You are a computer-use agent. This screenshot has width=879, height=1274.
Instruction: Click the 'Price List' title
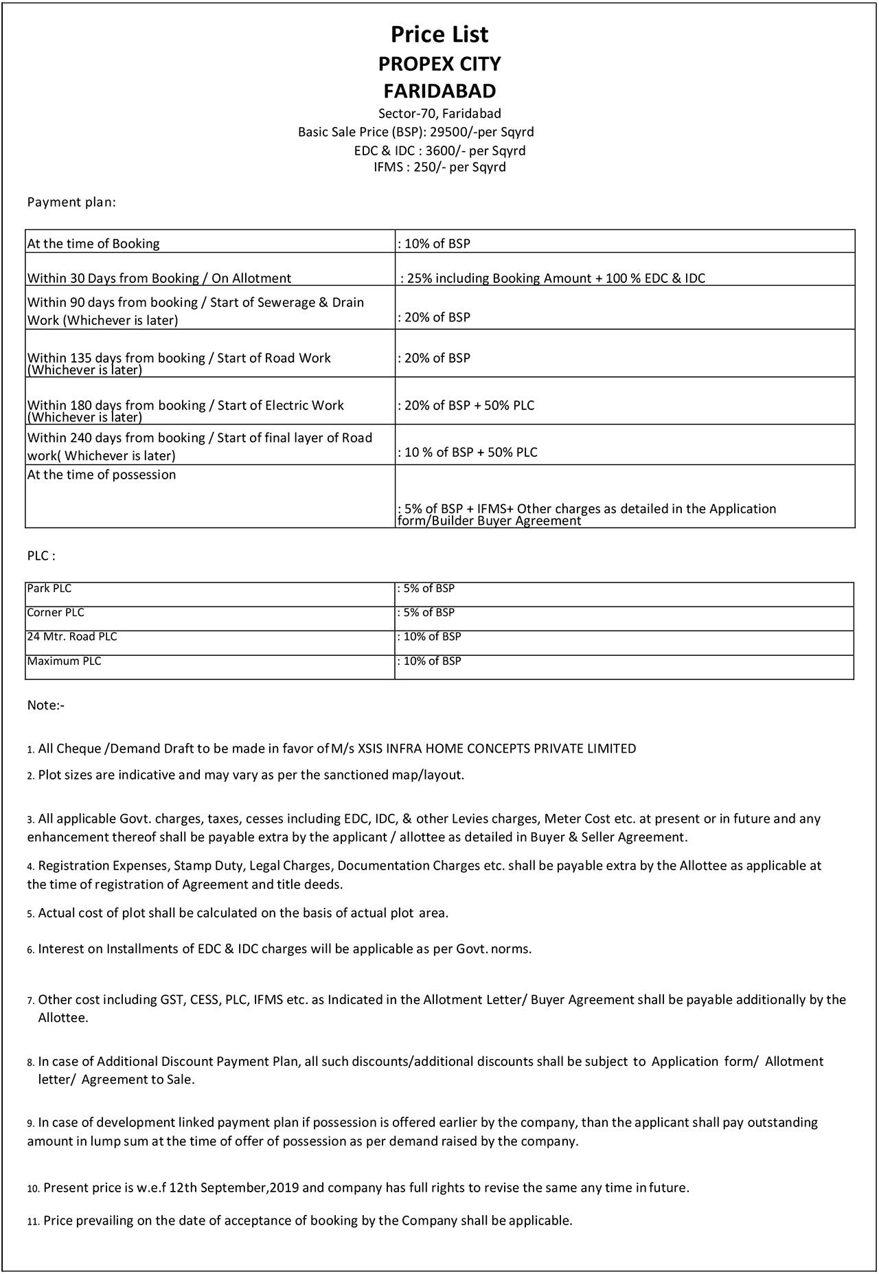pyautogui.click(x=439, y=34)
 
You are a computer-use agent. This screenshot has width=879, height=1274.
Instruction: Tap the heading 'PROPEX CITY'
pyautogui.click(x=439, y=64)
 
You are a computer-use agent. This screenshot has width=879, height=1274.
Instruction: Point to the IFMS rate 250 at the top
pyautogui.click(x=424, y=167)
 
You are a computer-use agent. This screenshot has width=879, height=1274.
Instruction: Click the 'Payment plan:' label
pyautogui.click(x=71, y=202)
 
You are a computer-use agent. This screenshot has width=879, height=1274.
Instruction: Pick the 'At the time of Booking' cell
pyautogui.click(x=93, y=243)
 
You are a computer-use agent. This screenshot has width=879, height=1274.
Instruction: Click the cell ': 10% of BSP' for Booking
pyautogui.click(x=435, y=243)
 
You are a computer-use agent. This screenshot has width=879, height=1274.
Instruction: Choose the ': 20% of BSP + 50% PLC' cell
pyautogui.click(x=467, y=405)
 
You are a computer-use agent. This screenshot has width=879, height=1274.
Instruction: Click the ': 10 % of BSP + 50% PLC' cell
pyautogui.click(x=468, y=452)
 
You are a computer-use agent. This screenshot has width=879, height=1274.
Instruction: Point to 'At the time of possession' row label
pyautogui.click(x=102, y=475)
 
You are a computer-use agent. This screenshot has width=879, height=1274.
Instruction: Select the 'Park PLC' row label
pyautogui.click(x=49, y=589)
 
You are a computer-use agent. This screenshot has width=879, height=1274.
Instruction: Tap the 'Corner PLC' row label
pyautogui.click(x=56, y=613)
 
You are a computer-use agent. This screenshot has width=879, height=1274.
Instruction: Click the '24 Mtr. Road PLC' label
pyautogui.click(x=72, y=637)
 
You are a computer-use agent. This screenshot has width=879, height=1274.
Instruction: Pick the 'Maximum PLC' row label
pyautogui.click(x=64, y=661)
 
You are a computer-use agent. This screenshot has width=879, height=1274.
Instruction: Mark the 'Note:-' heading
pyautogui.click(x=46, y=705)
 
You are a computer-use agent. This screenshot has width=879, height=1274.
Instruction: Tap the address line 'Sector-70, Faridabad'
pyautogui.click(x=439, y=113)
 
